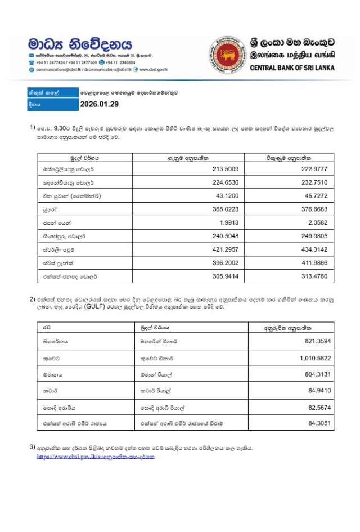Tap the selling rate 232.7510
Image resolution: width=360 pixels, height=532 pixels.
point(313,183)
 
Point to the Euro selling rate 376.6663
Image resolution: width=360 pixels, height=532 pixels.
point(313,209)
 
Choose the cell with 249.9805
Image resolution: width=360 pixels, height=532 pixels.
point(313,236)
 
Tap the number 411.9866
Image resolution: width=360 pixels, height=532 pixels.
point(313,263)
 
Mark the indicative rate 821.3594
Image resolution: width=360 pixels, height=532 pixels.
point(314,342)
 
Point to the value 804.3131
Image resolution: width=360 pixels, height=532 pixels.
point(314,374)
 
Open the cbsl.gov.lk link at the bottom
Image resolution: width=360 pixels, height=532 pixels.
point(95,457)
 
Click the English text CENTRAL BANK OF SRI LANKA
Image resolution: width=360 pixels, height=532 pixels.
point(292,68)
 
